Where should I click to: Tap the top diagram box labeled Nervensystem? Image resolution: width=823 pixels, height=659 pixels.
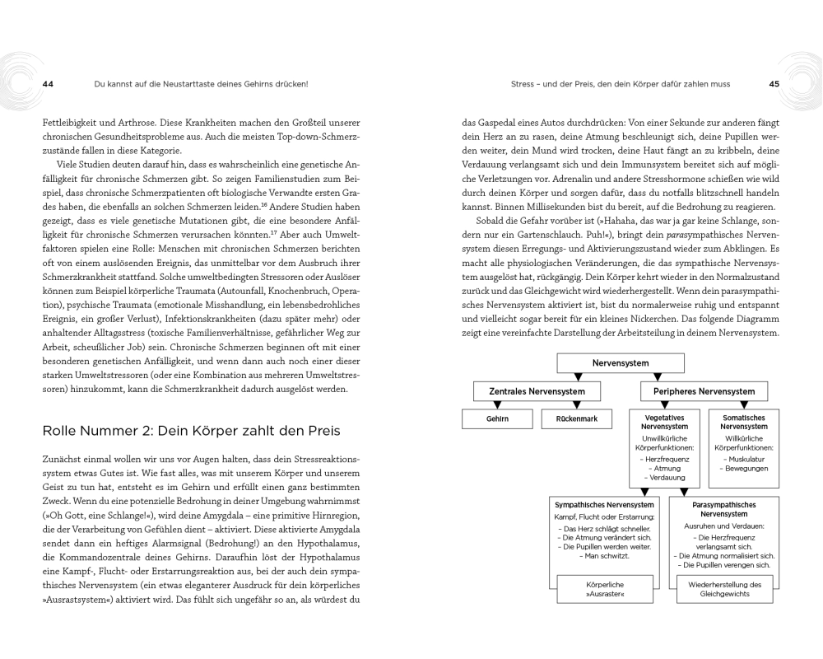[620, 362]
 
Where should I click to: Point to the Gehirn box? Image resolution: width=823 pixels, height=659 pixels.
[497, 418]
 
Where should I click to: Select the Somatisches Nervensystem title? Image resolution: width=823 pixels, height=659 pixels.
[743, 423]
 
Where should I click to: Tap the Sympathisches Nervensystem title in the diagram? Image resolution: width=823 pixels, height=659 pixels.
[604, 504]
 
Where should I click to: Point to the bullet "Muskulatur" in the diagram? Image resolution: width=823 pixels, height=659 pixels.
[745, 458]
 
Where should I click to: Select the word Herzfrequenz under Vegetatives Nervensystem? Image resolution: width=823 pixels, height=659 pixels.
[669, 458]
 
